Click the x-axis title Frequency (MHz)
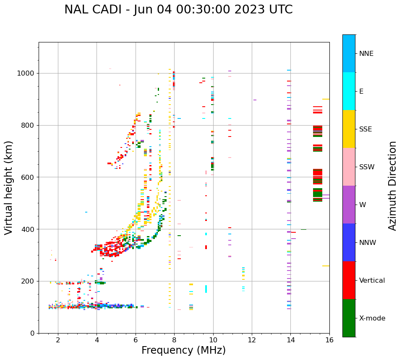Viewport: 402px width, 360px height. click(183, 350)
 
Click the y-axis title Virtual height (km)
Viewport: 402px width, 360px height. click(9, 187)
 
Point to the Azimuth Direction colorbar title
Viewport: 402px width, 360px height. click(392, 186)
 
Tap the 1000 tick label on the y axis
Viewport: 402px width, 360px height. click(26, 73)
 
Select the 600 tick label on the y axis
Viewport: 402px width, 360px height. click(28, 177)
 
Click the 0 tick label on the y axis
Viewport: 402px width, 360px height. click(32, 333)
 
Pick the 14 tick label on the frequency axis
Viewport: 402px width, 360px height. click(290, 340)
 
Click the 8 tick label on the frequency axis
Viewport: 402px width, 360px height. click(174, 340)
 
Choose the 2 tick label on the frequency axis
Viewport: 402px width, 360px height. click(58, 340)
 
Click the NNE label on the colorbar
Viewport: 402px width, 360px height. click(366, 54)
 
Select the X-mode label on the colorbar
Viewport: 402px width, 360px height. click(372, 318)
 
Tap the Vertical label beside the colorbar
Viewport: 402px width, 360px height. click(372, 281)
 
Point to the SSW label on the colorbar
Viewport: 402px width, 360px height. click(367, 167)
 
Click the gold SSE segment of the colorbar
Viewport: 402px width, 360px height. click(349, 129)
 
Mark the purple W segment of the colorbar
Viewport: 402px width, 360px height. click(349, 205)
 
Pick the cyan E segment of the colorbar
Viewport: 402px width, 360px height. click(349, 91)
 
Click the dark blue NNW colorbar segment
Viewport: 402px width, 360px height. click(349, 242)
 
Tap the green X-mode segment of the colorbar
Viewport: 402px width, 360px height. click(349, 318)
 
